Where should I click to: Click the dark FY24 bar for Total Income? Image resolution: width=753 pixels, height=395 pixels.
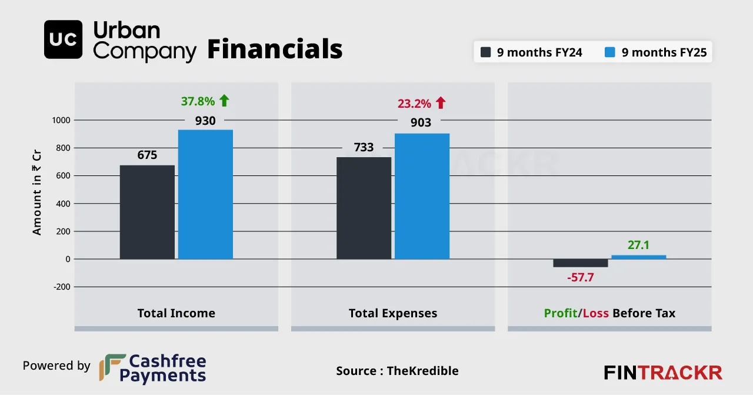pyautogui.click(x=147, y=212)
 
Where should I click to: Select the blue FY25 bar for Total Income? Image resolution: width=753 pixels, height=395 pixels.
pyautogui.click(x=205, y=194)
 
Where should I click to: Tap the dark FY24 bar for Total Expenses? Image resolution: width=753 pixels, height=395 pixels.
pyautogui.click(x=364, y=208)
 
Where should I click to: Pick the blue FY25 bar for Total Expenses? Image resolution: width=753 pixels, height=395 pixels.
pyautogui.click(x=422, y=196)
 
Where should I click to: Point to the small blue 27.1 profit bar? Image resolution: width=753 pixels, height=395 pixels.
pyautogui.click(x=638, y=257)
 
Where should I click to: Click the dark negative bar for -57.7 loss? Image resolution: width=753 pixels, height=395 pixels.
pyautogui.click(x=581, y=263)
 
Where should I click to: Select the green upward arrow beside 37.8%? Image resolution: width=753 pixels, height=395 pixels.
pyautogui.click(x=224, y=101)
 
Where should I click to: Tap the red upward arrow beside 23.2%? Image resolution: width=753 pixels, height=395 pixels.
pyautogui.click(x=441, y=103)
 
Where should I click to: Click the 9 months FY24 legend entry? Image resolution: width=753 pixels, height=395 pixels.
pyautogui.click(x=532, y=52)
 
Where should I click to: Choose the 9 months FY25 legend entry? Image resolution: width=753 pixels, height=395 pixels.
pyautogui.click(x=657, y=52)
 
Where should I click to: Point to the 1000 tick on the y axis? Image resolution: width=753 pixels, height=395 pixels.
pyautogui.click(x=61, y=120)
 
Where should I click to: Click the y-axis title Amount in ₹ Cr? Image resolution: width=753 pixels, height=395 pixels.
pyautogui.click(x=37, y=191)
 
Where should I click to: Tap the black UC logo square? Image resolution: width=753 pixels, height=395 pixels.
pyautogui.click(x=63, y=39)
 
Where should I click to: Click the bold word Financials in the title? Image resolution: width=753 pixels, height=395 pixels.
pyautogui.click(x=275, y=49)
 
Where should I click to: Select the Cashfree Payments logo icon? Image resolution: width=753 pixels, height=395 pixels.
pyautogui.click(x=112, y=367)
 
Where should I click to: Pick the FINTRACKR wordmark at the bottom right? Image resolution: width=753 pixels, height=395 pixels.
pyautogui.click(x=663, y=373)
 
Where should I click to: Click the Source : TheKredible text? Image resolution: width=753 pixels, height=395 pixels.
pyautogui.click(x=397, y=371)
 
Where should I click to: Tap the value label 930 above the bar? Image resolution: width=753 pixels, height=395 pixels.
pyautogui.click(x=205, y=121)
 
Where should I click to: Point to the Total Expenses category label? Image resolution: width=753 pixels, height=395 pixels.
pyautogui.click(x=393, y=313)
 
